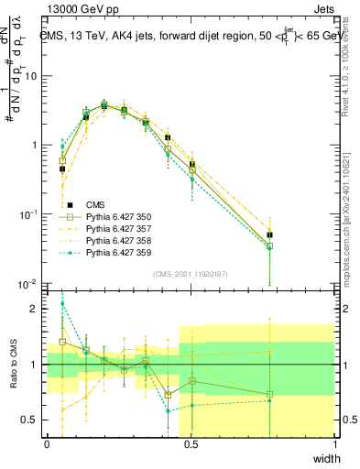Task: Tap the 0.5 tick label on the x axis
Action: point(191,444)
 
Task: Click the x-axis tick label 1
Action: point(335,444)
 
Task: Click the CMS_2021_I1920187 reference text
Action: point(191,273)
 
